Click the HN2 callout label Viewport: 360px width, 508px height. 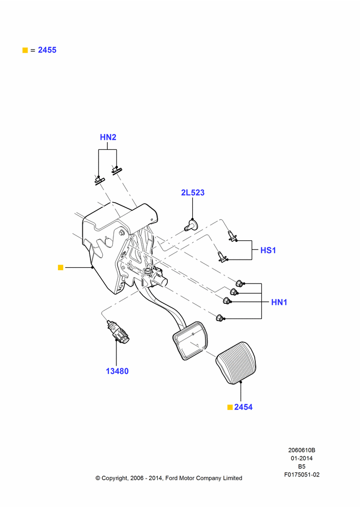(x=108, y=137)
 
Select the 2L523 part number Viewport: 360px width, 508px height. (x=193, y=193)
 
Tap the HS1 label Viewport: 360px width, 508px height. (x=268, y=250)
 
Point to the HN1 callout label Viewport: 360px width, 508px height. (x=279, y=302)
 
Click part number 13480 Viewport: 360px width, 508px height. (x=117, y=371)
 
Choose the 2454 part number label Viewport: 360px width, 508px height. (x=243, y=407)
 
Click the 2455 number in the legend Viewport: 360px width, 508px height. (x=47, y=50)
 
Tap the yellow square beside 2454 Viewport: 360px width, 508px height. (x=230, y=407)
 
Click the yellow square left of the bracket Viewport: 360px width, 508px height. (x=61, y=267)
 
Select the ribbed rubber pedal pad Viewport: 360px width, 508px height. (x=236, y=363)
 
